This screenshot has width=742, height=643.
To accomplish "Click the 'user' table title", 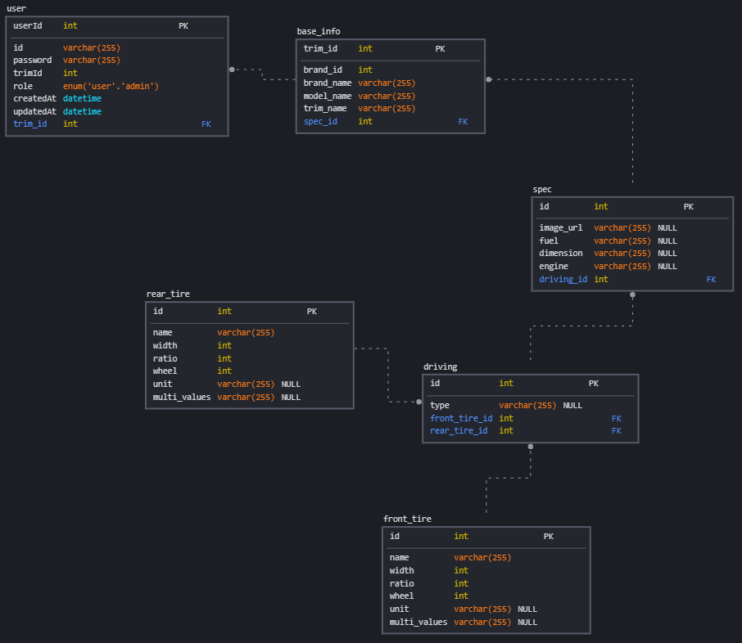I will (16, 8).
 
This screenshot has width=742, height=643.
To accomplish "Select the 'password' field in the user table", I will (33, 60).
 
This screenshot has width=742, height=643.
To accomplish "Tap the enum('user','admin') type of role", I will (111, 86).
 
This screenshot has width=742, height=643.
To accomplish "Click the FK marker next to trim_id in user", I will (206, 124).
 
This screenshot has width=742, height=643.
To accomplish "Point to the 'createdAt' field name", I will (34, 98).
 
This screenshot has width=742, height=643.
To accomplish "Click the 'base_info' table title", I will (319, 31).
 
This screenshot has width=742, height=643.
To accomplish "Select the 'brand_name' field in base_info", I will (328, 83).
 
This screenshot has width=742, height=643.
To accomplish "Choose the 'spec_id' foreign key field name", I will (320, 121).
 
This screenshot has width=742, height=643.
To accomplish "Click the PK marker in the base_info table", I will (440, 49).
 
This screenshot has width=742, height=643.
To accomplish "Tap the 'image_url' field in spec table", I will (561, 228).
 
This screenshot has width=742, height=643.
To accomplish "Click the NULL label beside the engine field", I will (667, 267).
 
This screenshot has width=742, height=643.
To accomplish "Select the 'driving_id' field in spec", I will (563, 279).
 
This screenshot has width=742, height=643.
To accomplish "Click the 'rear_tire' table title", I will (168, 294).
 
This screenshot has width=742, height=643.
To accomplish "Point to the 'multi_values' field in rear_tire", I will (182, 397).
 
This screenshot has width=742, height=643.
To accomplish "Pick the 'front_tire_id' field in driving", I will (461, 418).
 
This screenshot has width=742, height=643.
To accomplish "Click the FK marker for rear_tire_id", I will (616, 431).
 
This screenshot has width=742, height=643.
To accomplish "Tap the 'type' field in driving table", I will (440, 405).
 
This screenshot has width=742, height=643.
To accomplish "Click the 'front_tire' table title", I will (407, 519).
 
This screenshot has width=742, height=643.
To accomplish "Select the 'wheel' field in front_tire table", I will (402, 596).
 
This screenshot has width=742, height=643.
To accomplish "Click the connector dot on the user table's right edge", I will (232, 70).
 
